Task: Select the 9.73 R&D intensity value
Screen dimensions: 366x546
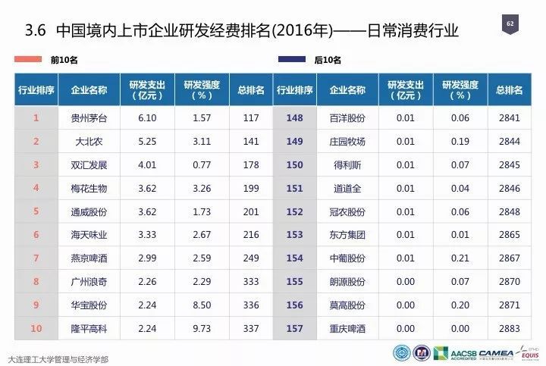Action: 201,330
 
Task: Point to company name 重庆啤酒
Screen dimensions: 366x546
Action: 348,330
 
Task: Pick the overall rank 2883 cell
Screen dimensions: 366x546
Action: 510,330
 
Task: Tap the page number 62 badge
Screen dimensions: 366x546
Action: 509,25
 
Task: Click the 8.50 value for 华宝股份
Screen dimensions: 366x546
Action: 201,307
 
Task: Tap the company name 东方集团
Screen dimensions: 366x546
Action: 348,236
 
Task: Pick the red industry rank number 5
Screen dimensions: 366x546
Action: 36,212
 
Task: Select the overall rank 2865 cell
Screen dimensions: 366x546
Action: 510,236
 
